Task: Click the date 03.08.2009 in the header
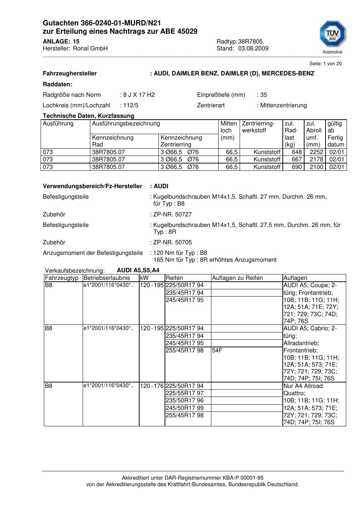coord(253,49)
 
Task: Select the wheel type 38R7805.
coord(251,42)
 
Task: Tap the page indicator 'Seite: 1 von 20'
coord(325,64)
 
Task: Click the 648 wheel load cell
coord(297,152)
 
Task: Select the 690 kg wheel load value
coord(297,167)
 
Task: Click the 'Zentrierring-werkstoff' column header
coord(258,127)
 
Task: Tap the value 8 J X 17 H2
coord(139,95)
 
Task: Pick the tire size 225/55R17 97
coord(185,393)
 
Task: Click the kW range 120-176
coord(152,386)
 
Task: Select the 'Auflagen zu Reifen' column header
coord(237,278)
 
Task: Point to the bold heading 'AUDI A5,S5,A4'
coord(138,270)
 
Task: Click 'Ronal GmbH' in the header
coord(90,49)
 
